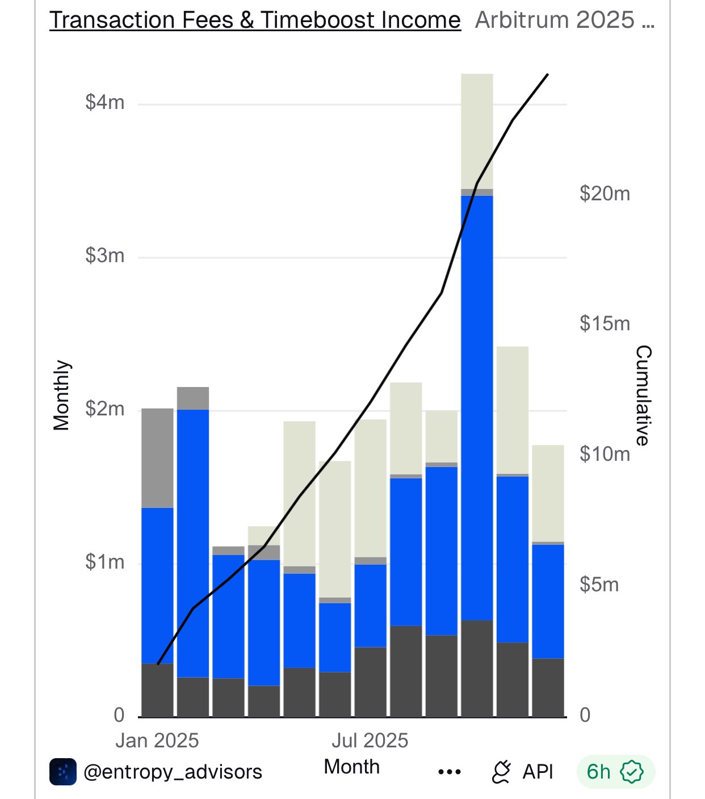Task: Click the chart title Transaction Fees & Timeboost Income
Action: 255,20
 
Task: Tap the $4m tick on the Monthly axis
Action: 105,103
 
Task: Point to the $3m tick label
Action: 105,256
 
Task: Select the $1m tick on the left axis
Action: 105,562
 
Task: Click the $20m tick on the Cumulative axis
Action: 605,194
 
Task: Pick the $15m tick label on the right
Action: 605,324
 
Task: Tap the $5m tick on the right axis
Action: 599,584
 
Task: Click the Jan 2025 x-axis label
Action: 157,741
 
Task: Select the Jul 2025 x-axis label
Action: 370,741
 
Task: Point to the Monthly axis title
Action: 61,395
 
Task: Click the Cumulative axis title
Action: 643,395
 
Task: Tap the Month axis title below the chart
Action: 351,767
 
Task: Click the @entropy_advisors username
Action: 173,772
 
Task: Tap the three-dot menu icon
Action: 450,772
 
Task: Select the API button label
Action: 537,772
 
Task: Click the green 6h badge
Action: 615,772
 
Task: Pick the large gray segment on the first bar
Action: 157,457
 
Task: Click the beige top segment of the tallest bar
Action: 477,131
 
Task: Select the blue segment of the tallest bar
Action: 477,407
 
